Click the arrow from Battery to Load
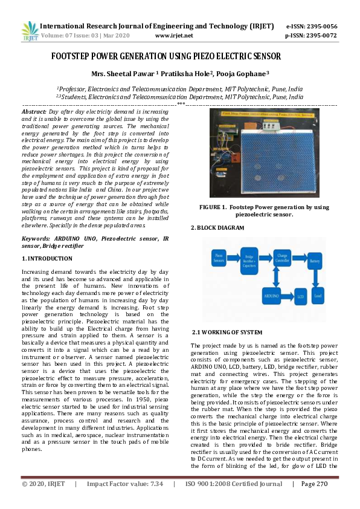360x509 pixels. click(x=314, y=278)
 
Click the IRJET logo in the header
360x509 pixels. click(x=29, y=31)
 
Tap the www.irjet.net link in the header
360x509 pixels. click(x=174, y=36)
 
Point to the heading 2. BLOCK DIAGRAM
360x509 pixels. click(x=217, y=228)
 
